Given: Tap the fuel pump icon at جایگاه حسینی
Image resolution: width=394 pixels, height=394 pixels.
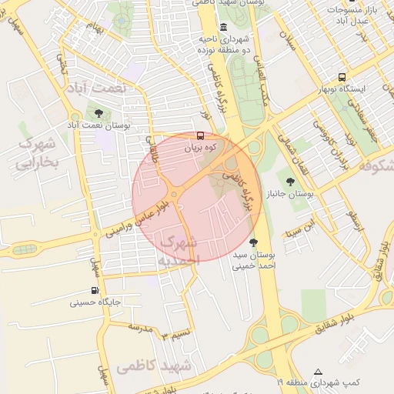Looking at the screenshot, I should [x=95, y=291].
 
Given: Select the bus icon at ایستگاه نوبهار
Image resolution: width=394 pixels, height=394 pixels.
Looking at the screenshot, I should [x=342, y=78].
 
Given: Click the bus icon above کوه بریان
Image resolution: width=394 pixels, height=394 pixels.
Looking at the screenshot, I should [x=201, y=136].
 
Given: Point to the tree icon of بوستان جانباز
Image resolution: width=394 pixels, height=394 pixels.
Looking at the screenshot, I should [x=290, y=182].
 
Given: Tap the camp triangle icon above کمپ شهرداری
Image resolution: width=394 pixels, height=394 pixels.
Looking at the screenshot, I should [x=319, y=371].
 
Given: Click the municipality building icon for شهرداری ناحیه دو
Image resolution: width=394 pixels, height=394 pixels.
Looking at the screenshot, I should [x=224, y=28].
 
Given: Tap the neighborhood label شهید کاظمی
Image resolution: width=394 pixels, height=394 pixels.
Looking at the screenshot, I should [x=154, y=367].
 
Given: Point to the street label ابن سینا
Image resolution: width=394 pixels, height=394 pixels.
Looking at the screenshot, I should [x=299, y=228].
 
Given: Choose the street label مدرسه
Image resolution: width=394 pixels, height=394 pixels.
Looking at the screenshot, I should [x=141, y=328].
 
